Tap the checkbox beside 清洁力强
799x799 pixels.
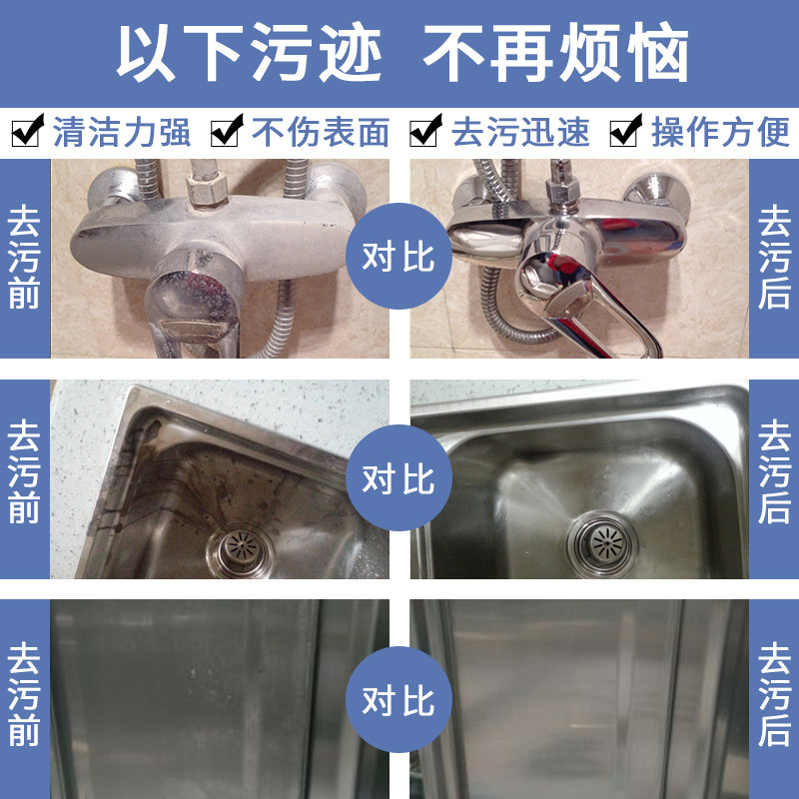27,131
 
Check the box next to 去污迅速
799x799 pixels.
426,131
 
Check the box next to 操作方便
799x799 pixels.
626,131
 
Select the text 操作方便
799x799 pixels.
720,132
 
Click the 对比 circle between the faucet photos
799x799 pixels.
399,257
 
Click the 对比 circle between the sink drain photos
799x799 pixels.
399,478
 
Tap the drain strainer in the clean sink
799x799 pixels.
598,540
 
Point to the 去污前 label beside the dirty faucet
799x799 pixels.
24,258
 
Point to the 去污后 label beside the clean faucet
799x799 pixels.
774,258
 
